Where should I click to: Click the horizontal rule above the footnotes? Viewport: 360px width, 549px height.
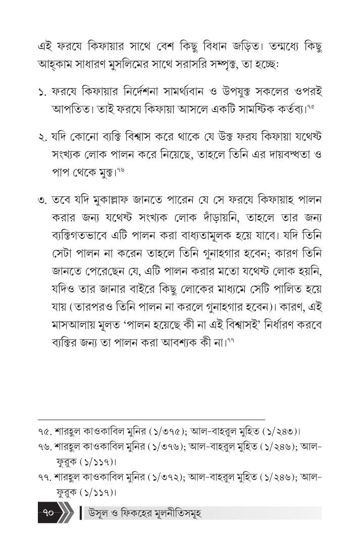click(151, 419)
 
